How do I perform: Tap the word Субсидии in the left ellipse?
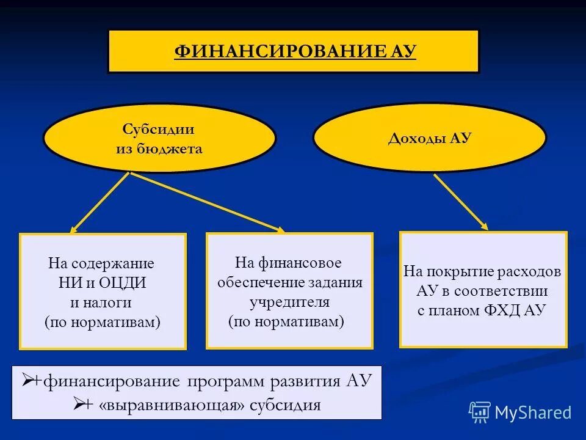(x=159, y=130)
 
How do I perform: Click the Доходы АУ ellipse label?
(x=430, y=138)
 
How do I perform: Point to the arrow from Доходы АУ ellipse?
(x=461, y=202)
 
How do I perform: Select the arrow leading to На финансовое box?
(x=208, y=202)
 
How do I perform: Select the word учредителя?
(x=289, y=302)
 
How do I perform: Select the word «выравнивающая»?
(x=155, y=405)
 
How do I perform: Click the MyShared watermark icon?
(x=479, y=412)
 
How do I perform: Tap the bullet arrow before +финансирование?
(x=27, y=382)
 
